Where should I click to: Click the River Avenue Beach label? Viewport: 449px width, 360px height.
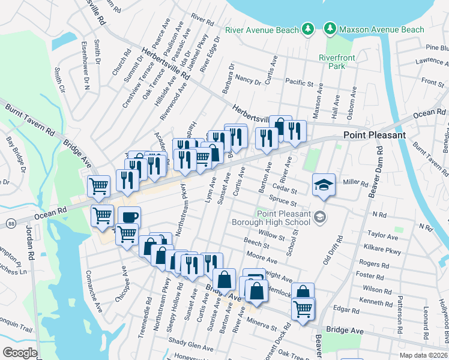click(262, 29)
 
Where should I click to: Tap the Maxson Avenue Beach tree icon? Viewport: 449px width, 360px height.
click(329, 29)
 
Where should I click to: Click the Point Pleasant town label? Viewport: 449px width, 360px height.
click(375, 135)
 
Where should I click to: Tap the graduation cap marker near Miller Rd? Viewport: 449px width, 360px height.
click(324, 185)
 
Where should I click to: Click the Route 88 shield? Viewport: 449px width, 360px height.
click(11, 223)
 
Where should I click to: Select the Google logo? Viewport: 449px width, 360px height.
click(20, 353)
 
